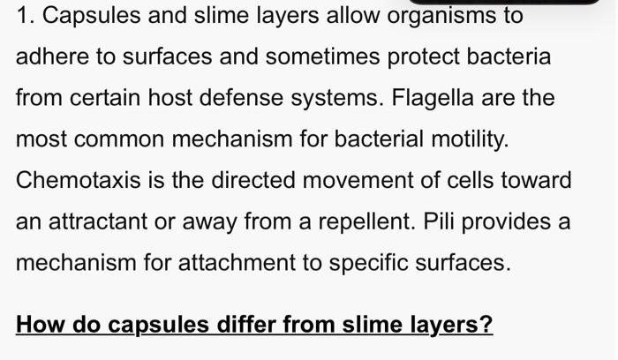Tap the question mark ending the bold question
486,325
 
